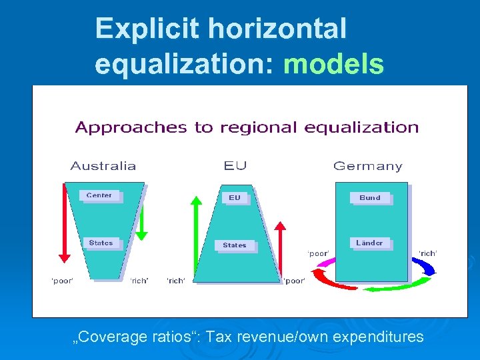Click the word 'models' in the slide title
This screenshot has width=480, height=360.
333,65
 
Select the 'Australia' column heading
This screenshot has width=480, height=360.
103,166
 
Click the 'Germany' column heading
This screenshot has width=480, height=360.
367,166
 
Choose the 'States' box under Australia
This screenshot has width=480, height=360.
101,243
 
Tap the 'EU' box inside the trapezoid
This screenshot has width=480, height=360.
235,197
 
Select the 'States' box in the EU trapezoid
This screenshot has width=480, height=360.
235,245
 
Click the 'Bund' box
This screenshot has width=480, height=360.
370,197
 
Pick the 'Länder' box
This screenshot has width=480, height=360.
370,243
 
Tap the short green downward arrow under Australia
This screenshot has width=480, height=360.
141,223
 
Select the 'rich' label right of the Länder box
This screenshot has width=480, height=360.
427,253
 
